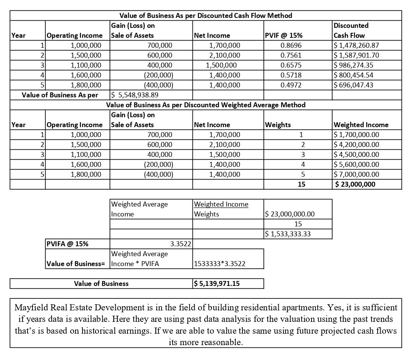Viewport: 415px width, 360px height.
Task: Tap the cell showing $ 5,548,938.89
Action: (135, 95)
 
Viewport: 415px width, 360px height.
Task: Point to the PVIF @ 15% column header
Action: (283, 36)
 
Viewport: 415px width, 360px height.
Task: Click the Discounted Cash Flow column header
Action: (350, 31)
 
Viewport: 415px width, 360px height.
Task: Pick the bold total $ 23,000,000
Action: (355, 184)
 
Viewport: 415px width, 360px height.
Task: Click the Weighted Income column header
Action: (361, 125)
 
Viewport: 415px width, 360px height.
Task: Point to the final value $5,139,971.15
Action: (217, 284)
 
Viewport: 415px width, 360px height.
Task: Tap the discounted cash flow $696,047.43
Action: (354, 85)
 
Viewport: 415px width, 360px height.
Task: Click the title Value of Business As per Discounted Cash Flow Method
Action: (205, 16)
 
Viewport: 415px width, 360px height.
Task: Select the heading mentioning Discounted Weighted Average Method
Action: (205, 105)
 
